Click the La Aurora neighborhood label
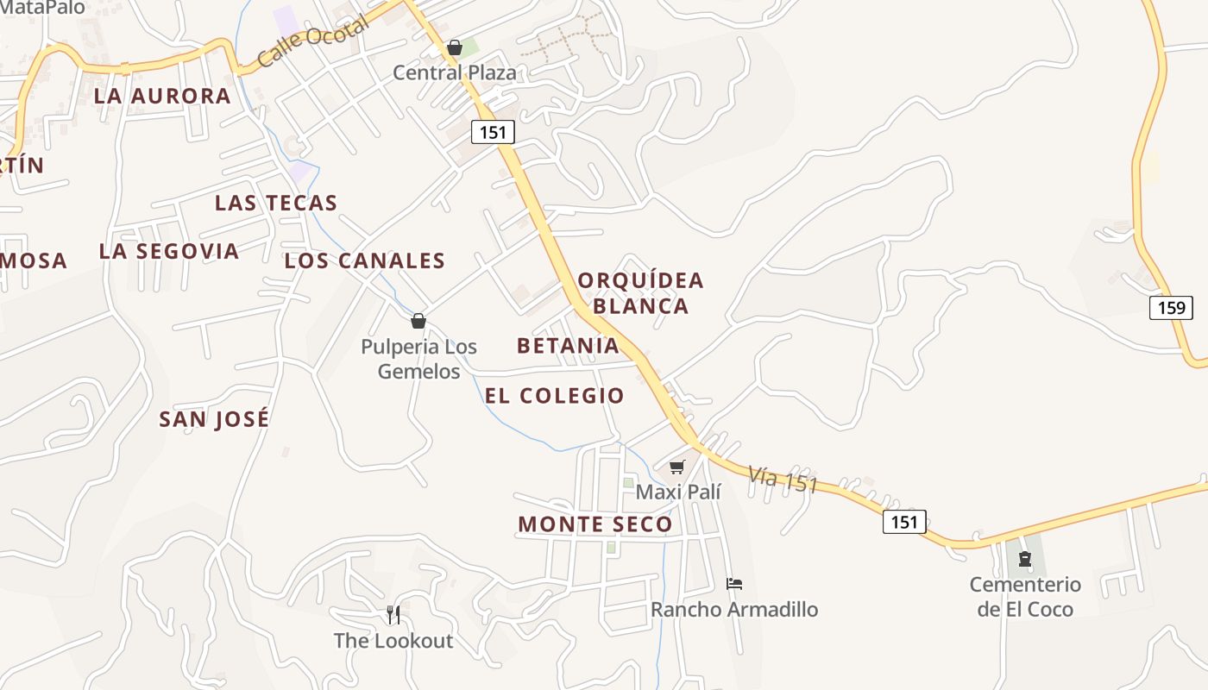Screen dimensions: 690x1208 pos(162,96)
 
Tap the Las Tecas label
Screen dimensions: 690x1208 pos(276,203)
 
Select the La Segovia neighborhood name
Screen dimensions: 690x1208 pos(169,251)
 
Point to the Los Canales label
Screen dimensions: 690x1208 pos(365,260)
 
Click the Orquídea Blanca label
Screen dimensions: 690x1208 pos(641,293)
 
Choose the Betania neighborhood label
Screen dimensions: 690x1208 pos(568,346)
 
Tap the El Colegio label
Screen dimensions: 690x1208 pos(555,396)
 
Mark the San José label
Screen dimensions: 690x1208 pos(214,419)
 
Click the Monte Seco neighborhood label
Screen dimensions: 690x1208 pos(595,524)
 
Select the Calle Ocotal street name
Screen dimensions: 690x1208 pos(313,41)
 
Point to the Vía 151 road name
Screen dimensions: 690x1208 pos(783,480)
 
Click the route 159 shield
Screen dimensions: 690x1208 pos(1171,307)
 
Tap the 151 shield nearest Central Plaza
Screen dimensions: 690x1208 pos(493,131)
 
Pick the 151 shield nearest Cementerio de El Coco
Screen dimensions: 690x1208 pos(904,522)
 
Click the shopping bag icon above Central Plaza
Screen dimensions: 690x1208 pos(455,47)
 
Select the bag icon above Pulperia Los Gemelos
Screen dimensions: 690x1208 pos(418,321)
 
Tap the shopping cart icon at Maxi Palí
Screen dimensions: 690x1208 pos(677,467)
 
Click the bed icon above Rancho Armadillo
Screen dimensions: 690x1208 pos(734,584)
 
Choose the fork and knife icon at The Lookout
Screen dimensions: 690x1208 pos(393,615)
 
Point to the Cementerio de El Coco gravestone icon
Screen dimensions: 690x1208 pos(1025,560)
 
